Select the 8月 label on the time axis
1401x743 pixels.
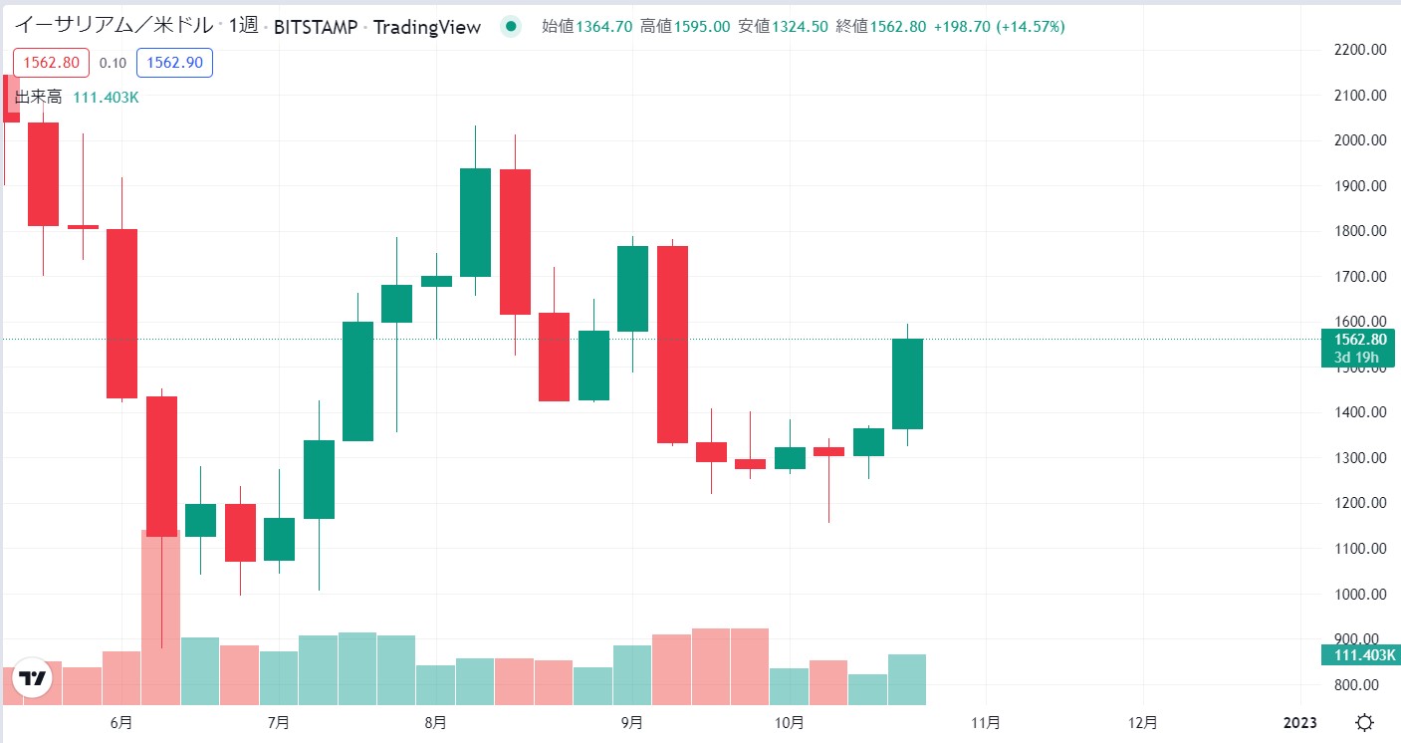click(x=435, y=722)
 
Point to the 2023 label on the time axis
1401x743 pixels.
click(x=1300, y=722)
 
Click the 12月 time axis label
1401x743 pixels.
click(x=1144, y=722)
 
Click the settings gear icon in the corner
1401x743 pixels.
click(x=1365, y=722)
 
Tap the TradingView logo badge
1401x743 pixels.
click(x=33, y=679)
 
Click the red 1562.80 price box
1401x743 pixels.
click(x=51, y=63)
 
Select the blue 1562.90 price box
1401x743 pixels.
click(x=174, y=63)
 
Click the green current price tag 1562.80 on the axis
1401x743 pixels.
click(x=1358, y=340)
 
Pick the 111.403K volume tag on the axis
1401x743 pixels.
click(x=1359, y=654)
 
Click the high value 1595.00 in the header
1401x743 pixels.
click(x=701, y=27)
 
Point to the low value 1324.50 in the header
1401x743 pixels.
click(x=798, y=27)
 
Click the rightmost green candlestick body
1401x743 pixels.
click(x=907, y=383)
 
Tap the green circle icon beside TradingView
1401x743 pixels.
click(x=511, y=27)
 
